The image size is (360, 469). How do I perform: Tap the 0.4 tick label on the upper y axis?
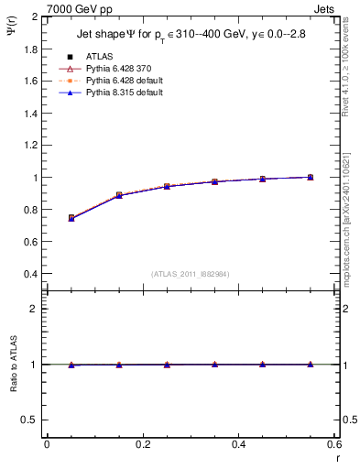click(x=31, y=274)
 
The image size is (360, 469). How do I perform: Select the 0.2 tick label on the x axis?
click(x=142, y=444)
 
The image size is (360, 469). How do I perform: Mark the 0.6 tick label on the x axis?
click(x=333, y=444)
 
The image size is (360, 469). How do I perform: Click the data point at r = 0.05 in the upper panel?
click(x=71, y=218)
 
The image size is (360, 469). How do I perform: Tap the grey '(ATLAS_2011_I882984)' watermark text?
click(x=191, y=274)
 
